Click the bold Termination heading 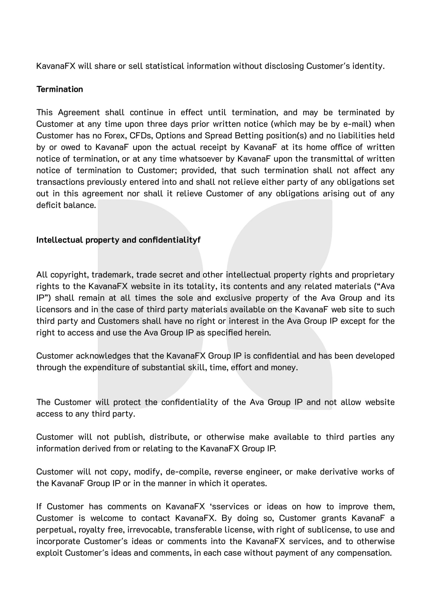tap(60, 89)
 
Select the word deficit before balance tap(49, 205)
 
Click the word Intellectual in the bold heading tap(60, 240)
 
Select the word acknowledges tap(103, 356)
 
